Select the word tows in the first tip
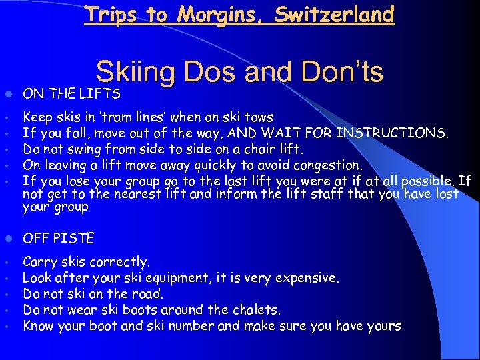259,118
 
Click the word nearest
150,193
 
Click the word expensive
310,277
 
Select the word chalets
257,309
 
